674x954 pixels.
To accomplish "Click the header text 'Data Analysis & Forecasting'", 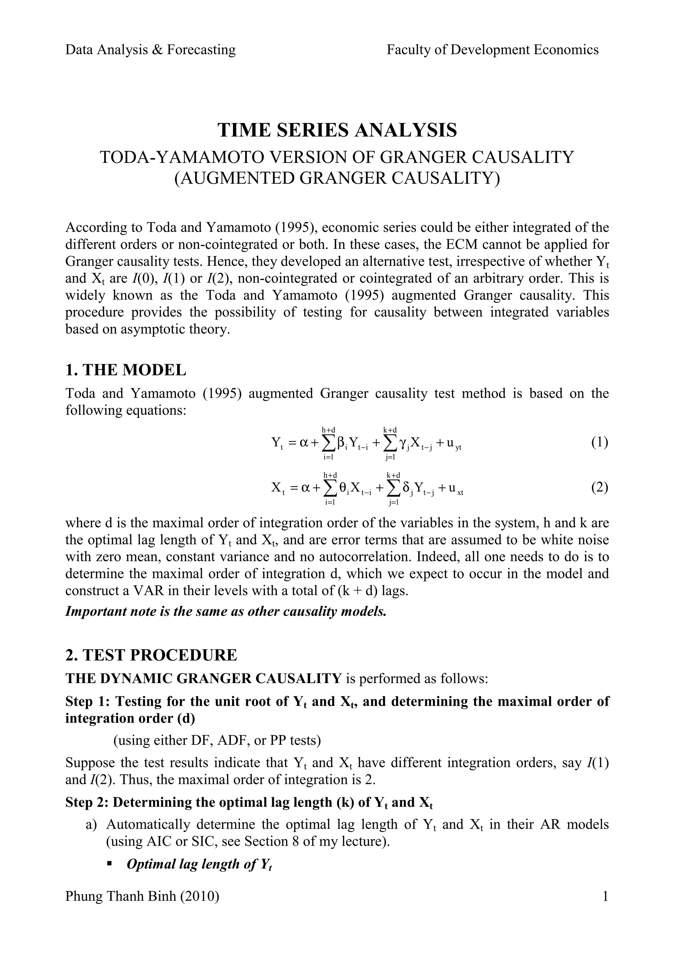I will tap(150, 50).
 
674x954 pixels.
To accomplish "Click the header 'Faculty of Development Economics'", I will tap(493, 50).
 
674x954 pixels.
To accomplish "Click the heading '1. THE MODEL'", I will tap(126, 370).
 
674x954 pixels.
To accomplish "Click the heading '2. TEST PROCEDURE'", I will tap(151, 655).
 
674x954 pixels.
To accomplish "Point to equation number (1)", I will tap(600, 442).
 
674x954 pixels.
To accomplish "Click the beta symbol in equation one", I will tap(341, 443).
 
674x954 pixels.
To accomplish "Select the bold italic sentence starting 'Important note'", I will tap(226, 611).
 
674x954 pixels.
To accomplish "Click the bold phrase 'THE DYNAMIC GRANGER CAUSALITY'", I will tap(203, 678).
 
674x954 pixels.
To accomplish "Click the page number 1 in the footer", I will tap(605, 896).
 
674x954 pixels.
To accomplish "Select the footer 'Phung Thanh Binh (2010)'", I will tap(142, 896).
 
